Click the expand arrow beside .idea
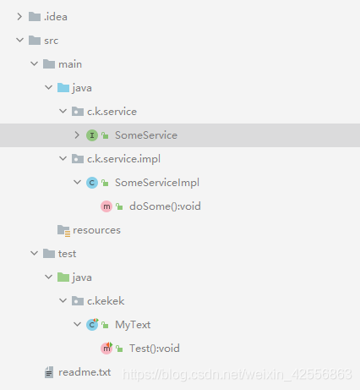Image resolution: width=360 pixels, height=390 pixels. point(19,17)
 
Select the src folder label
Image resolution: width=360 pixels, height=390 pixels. point(51,41)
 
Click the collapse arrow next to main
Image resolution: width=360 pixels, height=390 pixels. point(34,64)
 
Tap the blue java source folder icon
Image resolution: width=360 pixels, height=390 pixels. point(63,88)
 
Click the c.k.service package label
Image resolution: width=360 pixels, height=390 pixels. point(112,112)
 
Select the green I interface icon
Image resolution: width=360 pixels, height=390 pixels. point(92,135)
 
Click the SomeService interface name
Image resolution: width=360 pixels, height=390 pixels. point(146,135)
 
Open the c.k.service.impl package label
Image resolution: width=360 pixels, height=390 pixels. point(123,159)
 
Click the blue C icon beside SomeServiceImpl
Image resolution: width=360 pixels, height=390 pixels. point(92,183)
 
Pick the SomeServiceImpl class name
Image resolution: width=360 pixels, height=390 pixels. point(157,183)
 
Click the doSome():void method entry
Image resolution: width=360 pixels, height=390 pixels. point(165,206)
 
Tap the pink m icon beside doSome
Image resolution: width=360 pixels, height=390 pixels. point(106,206)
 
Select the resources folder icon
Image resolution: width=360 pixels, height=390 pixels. point(63,231)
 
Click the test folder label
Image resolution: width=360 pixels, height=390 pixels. point(67,254)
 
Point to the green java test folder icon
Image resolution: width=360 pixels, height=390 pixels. point(63,277)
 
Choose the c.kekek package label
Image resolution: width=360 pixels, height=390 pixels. point(106,301)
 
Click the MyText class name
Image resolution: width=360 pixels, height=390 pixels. point(133,325)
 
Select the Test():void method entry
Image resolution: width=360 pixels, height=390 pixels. point(154,349)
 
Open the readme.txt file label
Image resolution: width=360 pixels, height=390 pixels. point(85,372)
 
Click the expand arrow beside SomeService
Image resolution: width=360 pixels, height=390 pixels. point(77,135)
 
